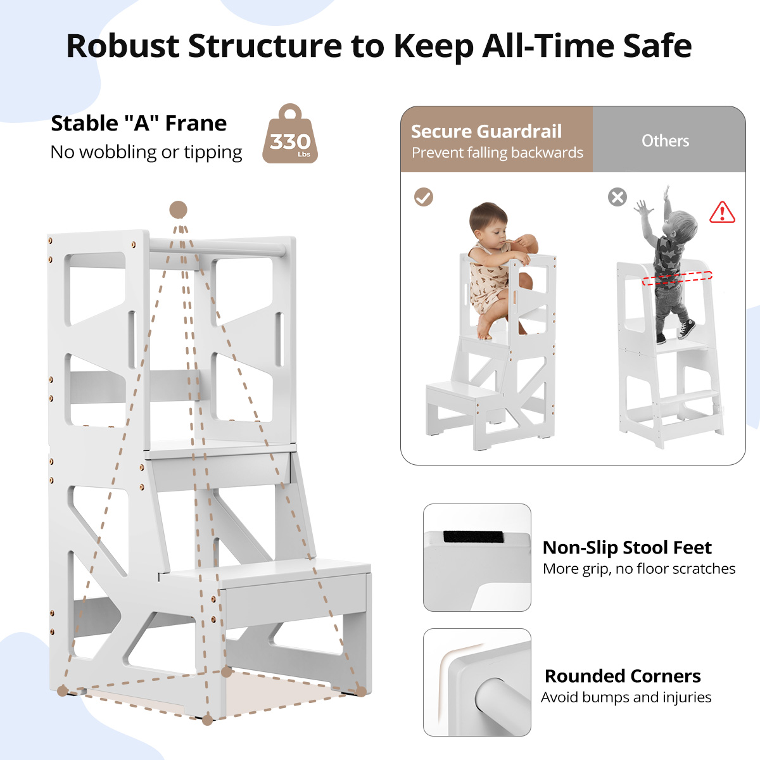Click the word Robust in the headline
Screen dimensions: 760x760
pos(123,46)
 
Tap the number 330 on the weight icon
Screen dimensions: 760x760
pos(290,142)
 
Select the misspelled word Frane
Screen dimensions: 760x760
pos(196,123)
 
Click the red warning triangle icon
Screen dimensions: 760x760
pos(722,213)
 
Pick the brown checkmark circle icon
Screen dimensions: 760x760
pos(424,197)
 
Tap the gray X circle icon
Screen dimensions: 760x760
pos(617,197)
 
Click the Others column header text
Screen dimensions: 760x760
pos(666,141)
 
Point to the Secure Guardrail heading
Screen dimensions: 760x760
pos(486,131)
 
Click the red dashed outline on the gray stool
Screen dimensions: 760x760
pos(677,277)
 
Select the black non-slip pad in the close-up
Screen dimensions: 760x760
pos(474,537)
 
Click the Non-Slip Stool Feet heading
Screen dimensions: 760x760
pos(627,547)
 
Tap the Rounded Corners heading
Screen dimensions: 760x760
pos(623,676)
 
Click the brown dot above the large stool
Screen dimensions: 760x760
pos(178,210)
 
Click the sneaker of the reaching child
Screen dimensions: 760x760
pos(687,329)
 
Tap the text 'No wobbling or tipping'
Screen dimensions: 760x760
pos(146,152)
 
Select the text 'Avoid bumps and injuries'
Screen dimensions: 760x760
pos(626,697)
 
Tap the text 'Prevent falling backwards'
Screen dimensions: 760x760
pos(497,153)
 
